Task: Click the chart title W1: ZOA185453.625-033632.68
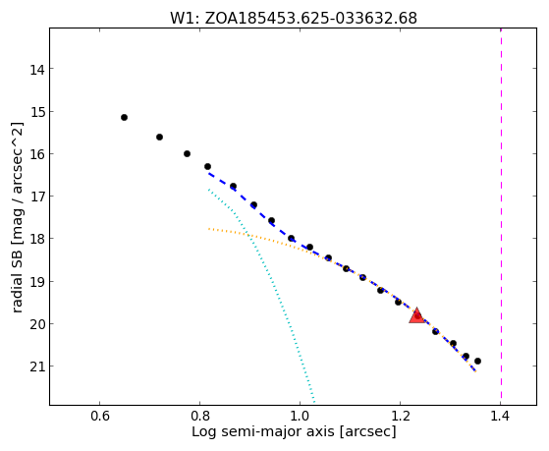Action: [294, 19]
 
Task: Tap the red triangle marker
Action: [417, 315]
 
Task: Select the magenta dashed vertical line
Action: [501, 216]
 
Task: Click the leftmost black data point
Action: [124, 117]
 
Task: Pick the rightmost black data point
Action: [477, 361]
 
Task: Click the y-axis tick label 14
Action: [36, 70]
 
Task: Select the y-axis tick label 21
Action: [36, 366]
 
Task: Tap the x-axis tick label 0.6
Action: [100, 417]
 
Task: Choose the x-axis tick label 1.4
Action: [500, 417]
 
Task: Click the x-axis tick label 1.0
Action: [301, 417]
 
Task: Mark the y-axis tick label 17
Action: [36, 197]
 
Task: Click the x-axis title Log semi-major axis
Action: [263, 431]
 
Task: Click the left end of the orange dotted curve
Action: [208, 229]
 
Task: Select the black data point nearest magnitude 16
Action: [187, 154]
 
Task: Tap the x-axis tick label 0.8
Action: [200, 417]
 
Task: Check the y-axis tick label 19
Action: [36, 282]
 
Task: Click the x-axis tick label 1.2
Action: [400, 417]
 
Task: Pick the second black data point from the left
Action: [159, 137]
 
